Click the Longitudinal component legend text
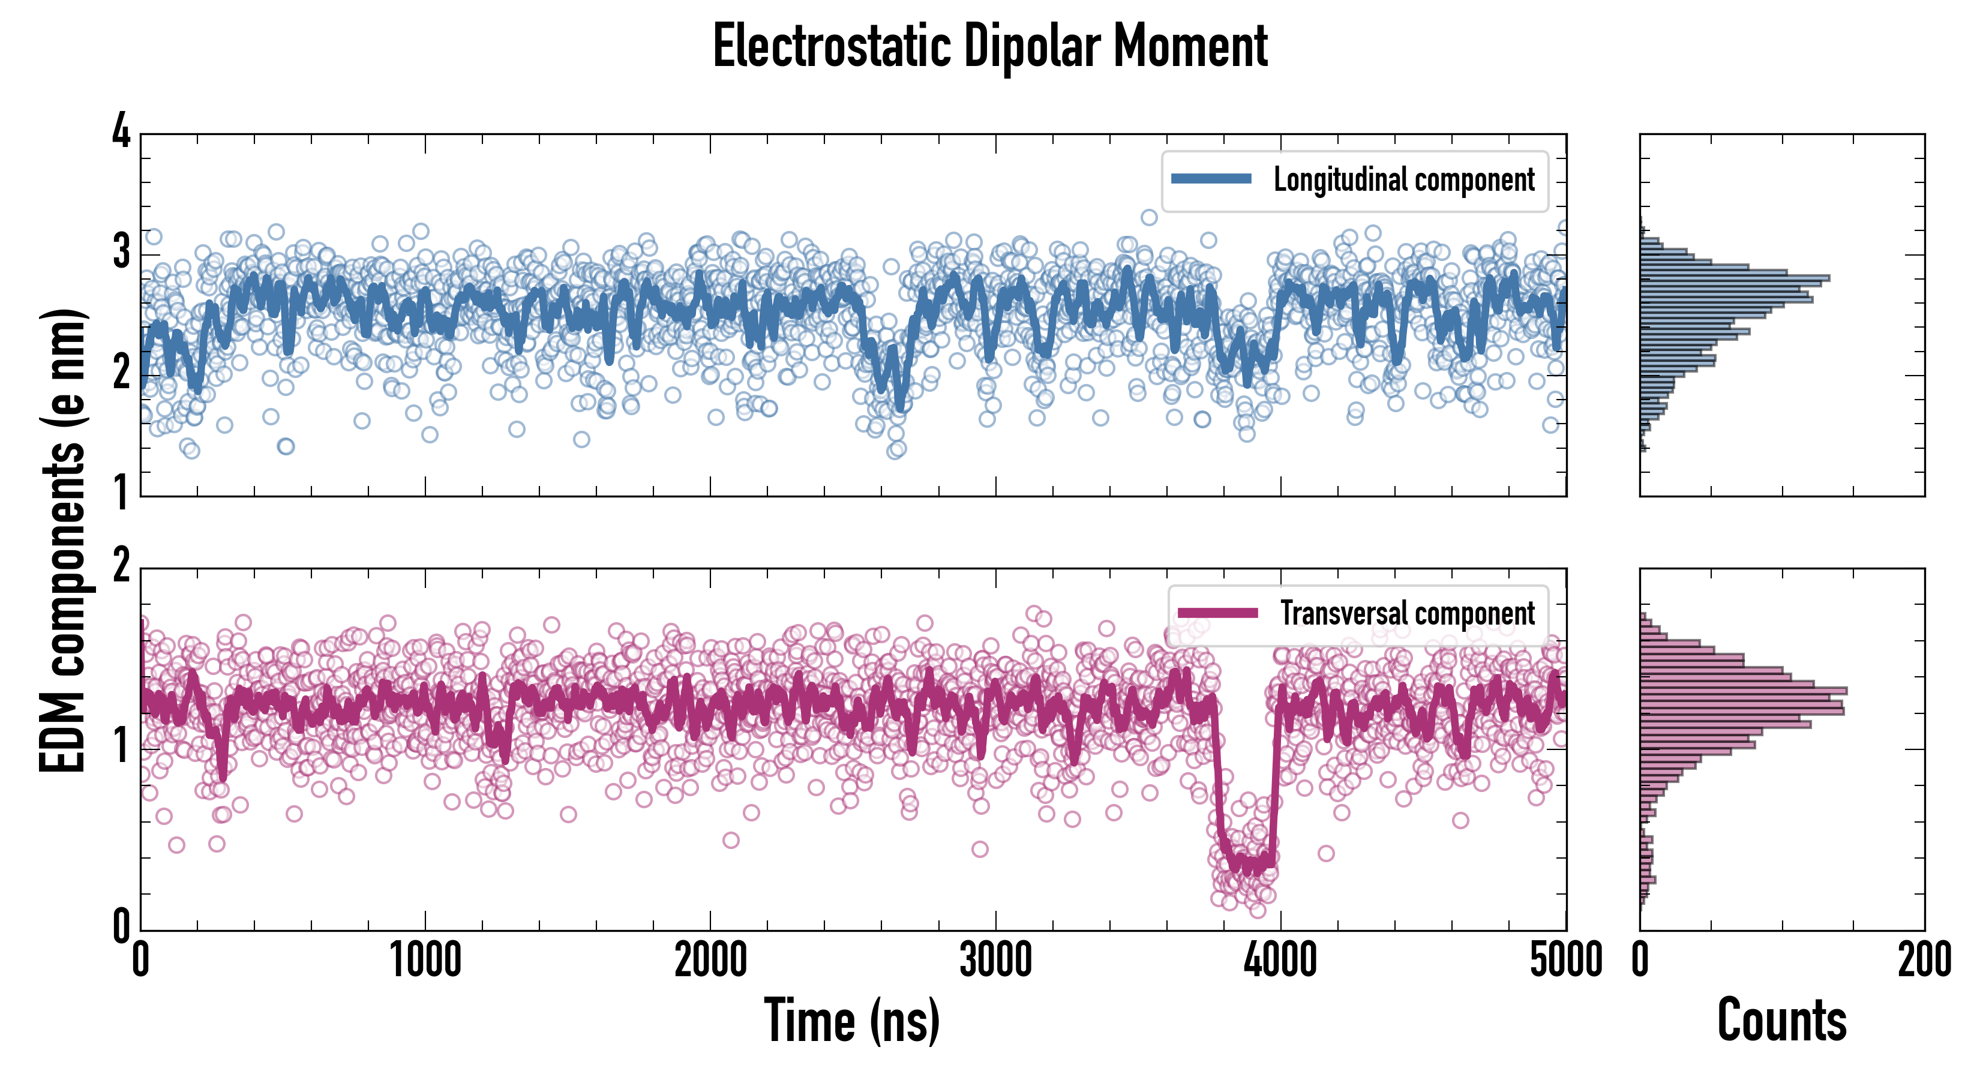click(1403, 180)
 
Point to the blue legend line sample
click(1211, 179)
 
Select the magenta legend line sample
click(1217, 613)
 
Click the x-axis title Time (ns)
click(851, 1020)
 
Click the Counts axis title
click(1781, 1020)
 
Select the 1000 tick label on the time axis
click(425, 960)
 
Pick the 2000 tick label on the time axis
click(710, 960)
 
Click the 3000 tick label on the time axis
click(995, 960)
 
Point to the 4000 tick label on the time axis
click(1280, 960)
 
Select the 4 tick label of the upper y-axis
click(121, 131)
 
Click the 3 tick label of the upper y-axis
click(121, 252)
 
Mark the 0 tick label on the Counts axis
click(1640, 960)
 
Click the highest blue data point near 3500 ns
click(1149, 218)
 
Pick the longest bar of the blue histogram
click(1734, 277)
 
